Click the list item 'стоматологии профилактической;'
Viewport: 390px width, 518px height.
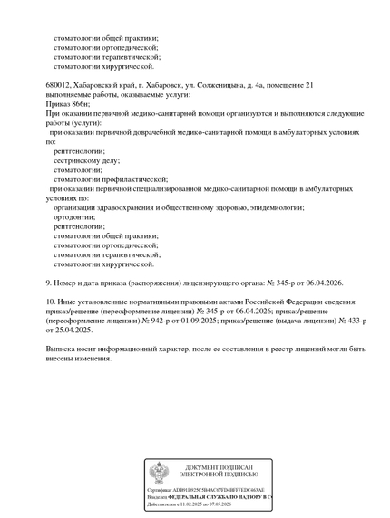point(111,178)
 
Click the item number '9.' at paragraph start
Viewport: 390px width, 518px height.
point(50,283)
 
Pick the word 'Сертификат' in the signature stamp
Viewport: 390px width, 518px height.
point(161,489)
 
